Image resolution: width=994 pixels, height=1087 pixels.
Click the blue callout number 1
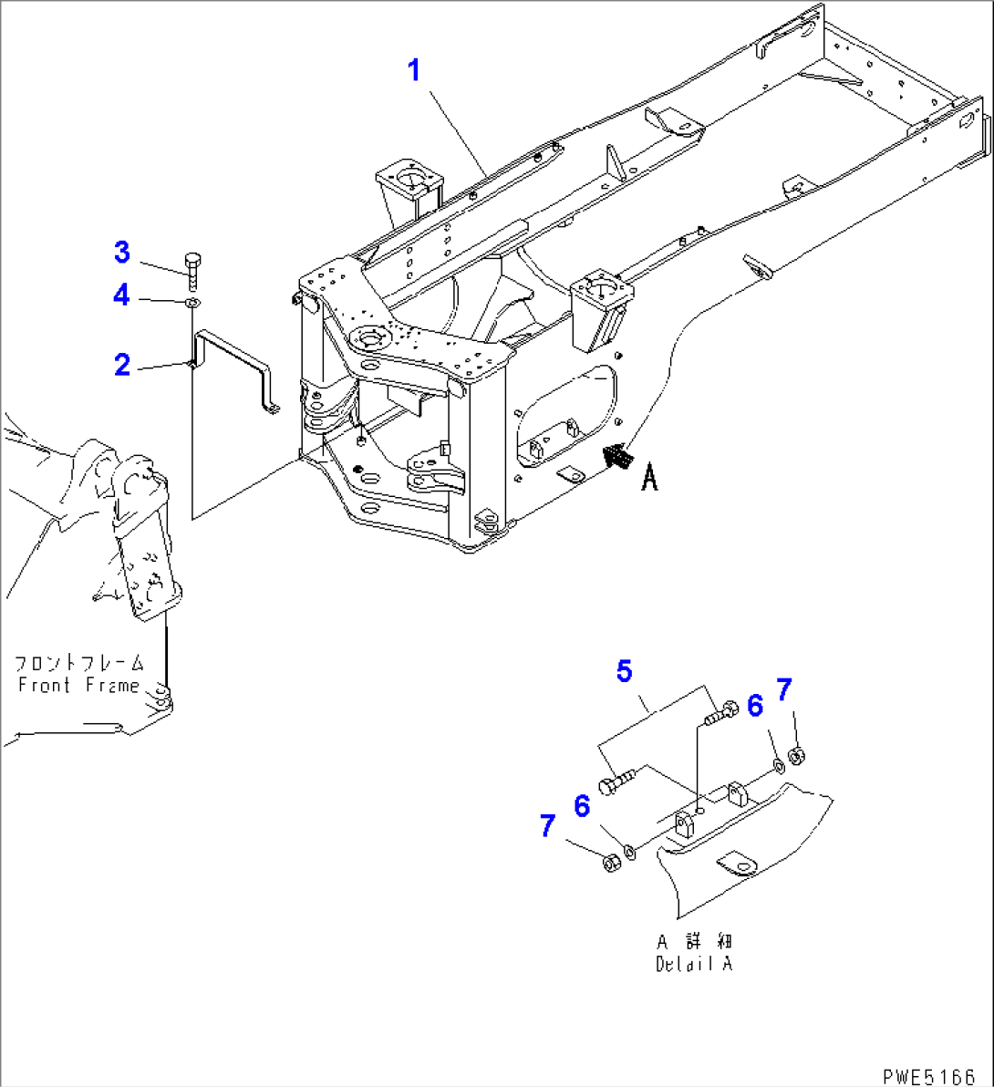414,69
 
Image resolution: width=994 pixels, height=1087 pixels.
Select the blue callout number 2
122,365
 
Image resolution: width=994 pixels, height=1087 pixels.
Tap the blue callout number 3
122,251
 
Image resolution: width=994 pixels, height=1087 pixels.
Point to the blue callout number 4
122,295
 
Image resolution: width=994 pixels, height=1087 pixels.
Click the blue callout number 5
624,671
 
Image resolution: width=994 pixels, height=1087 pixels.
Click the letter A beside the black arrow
649,477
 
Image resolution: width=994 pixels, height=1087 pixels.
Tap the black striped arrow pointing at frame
618,455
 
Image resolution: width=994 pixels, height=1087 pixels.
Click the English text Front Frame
78,685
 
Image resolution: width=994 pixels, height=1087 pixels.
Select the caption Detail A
694,964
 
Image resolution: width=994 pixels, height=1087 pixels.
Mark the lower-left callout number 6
581,806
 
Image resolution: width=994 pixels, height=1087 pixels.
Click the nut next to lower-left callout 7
610,862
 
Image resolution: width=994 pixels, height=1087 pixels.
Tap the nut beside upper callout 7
795,755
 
